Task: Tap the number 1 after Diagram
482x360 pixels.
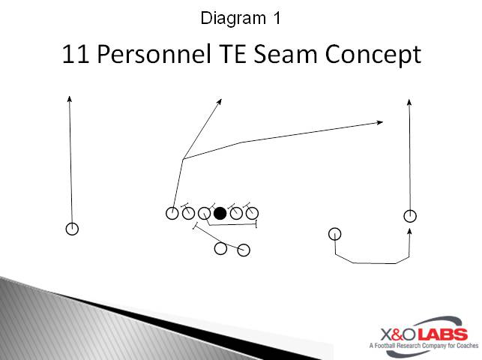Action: [277, 18]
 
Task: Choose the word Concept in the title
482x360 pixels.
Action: [374, 55]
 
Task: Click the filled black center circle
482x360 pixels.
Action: [220, 214]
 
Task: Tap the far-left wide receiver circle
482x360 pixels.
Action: [72, 229]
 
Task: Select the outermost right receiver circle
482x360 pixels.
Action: [410, 216]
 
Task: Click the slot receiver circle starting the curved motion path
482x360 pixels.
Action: [335, 233]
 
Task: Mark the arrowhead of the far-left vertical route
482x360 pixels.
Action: [70, 98]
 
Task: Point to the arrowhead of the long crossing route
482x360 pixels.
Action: [382, 121]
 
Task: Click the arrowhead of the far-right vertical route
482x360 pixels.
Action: [409, 101]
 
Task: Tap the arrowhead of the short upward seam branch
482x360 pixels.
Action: [220, 101]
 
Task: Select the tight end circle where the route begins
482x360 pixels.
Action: [172, 213]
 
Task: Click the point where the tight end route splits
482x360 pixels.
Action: [183, 159]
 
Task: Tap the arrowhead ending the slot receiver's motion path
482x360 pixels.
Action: [409, 232]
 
